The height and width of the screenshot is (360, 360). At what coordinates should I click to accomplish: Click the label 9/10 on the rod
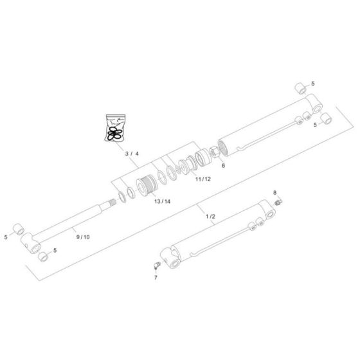(83, 237)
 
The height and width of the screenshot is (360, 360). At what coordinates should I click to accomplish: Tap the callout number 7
(155, 277)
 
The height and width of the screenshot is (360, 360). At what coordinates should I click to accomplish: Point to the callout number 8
(275, 192)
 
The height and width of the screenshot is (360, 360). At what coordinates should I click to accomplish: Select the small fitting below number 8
(278, 203)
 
